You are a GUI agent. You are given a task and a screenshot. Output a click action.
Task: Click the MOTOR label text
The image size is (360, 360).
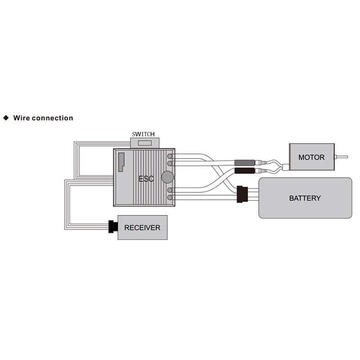click(311, 157)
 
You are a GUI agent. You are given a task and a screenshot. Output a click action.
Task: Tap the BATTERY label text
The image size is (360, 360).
click(305, 198)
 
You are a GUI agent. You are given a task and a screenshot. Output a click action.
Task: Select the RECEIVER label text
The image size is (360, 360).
click(142, 228)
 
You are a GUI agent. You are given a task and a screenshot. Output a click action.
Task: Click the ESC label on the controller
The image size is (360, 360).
click(146, 179)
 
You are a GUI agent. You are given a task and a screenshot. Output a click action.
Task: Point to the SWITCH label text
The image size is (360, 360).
click(143, 134)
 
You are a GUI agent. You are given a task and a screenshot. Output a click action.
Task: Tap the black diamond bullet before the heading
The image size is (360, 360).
click(6, 118)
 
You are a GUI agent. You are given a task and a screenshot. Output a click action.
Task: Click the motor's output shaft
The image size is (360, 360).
click(341, 157)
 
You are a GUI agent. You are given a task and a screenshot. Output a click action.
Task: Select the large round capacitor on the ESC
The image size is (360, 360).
click(167, 177)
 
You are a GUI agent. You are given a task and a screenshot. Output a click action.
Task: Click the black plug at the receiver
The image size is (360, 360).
click(113, 227)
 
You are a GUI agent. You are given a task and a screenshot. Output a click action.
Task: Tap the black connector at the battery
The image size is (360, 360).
click(242, 194)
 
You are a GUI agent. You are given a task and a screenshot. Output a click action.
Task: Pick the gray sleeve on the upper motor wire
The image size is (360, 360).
click(245, 163)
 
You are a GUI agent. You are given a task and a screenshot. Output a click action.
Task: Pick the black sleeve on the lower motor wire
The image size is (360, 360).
click(245, 171)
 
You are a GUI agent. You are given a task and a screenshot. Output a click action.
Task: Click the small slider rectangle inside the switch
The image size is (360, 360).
click(144, 143)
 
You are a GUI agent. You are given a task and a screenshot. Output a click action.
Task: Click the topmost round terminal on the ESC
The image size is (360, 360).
click(170, 156)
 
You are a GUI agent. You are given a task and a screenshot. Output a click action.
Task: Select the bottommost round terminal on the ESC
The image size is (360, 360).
click(170, 198)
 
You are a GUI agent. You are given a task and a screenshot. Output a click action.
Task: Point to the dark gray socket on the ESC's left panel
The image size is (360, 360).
click(121, 162)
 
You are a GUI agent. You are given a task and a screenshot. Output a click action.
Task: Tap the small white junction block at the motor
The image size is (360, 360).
click(286, 167)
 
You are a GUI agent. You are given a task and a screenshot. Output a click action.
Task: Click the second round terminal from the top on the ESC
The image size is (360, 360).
click(170, 163)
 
